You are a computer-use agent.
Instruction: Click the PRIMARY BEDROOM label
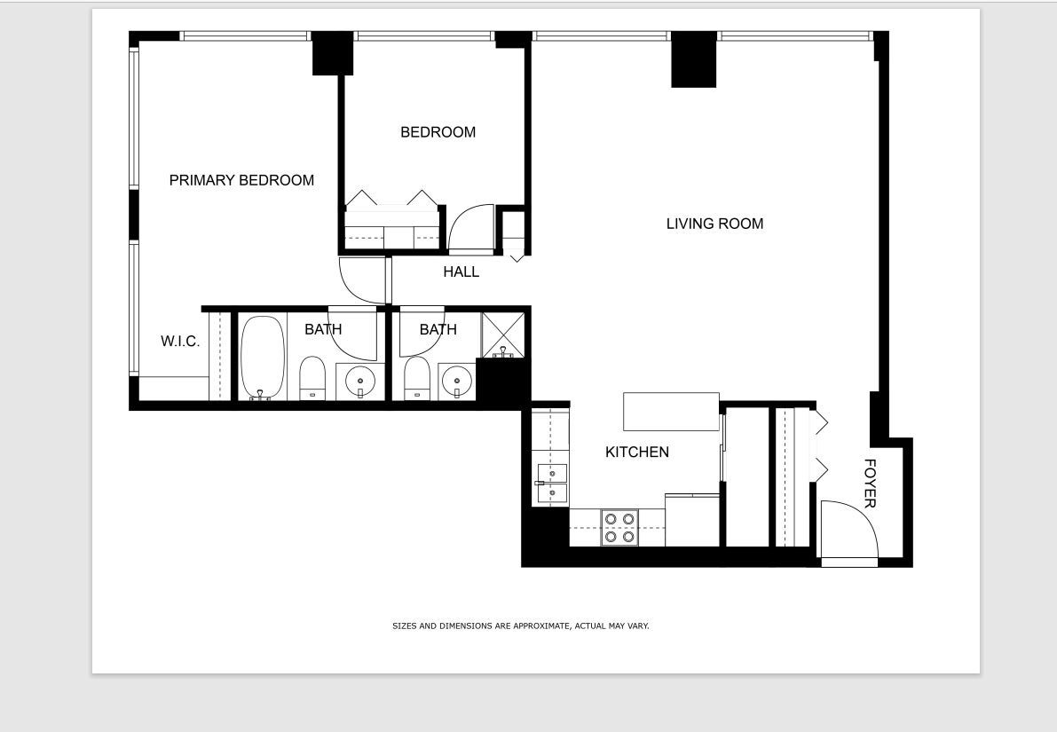pyautogui.click(x=241, y=180)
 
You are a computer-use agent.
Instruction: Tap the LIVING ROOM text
pyautogui.click(x=714, y=224)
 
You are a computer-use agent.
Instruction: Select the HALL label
pyautogui.click(x=461, y=272)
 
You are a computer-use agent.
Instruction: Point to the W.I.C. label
pyautogui.click(x=180, y=342)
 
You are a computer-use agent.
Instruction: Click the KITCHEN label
pyautogui.click(x=636, y=453)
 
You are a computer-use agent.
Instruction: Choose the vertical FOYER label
pyautogui.click(x=870, y=484)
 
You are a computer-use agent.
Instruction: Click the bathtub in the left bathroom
pyautogui.click(x=262, y=358)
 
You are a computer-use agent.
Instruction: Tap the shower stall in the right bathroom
pyautogui.click(x=503, y=335)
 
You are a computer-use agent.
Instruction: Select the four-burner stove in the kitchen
pyautogui.click(x=619, y=527)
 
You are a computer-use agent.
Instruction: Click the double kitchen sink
pyautogui.click(x=551, y=484)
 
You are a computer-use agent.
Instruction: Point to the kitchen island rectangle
pyautogui.click(x=671, y=412)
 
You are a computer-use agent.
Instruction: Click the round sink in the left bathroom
pyautogui.click(x=360, y=382)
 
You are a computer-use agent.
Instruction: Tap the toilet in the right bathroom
pyautogui.click(x=416, y=379)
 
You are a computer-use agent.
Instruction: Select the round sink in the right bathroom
pyautogui.click(x=456, y=382)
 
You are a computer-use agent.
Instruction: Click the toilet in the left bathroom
pyautogui.click(x=312, y=379)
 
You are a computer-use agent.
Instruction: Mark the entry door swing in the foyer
pyautogui.click(x=848, y=530)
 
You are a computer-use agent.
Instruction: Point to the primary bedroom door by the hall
pyautogui.click(x=364, y=279)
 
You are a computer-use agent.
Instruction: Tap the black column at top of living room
pyautogui.click(x=693, y=60)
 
